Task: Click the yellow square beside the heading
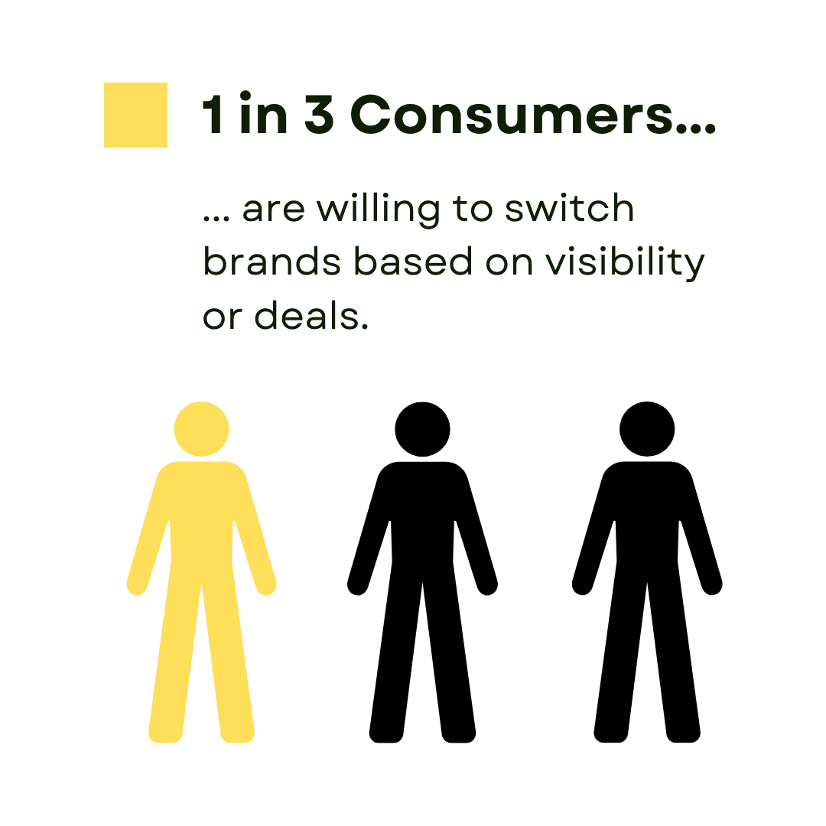pos(135,115)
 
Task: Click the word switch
pos(569,207)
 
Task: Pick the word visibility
pos(624,262)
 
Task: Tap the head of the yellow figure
pos(201,429)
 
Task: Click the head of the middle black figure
pos(422,429)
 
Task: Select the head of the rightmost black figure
pos(647,429)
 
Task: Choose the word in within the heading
pos(263,112)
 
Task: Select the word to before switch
pos(472,209)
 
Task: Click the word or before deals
pos(223,317)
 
